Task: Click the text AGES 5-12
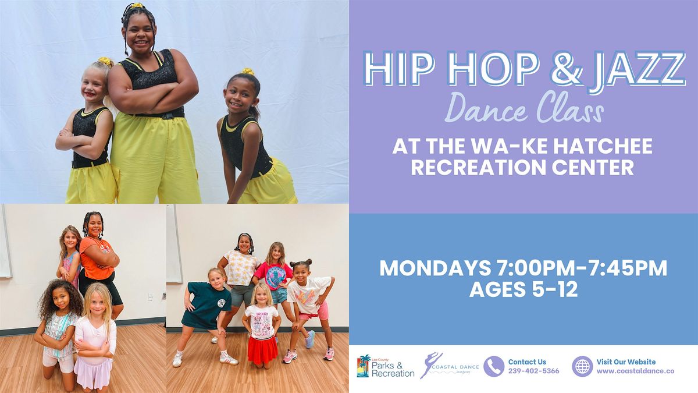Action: click(x=523, y=289)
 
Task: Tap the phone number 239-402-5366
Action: click(x=533, y=371)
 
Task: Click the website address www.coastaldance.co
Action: click(x=627, y=371)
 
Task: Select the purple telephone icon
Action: click(x=494, y=367)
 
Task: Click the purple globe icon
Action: click(x=582, y=367)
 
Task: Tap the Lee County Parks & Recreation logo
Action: click(x=386, y=367)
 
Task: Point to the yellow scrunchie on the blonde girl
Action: click(x=105, y=61)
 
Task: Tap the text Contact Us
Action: click(x=527, y=362)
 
